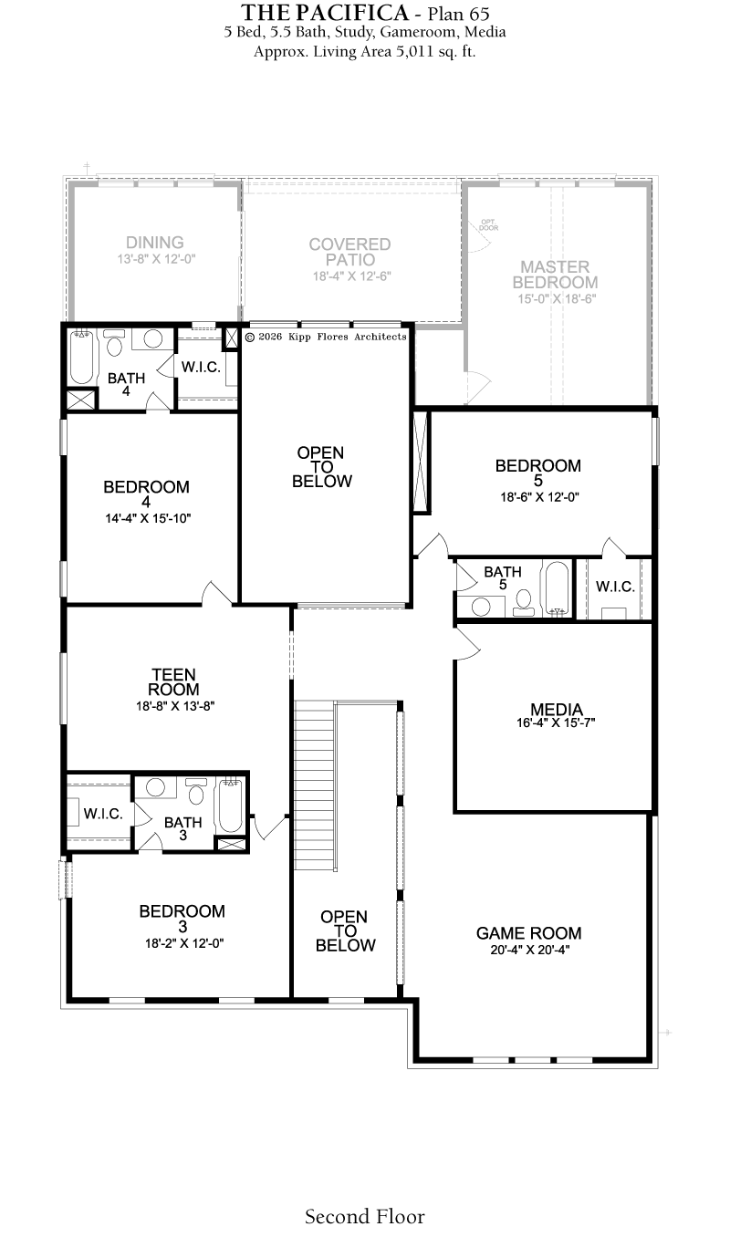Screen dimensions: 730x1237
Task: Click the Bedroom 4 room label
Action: [x=146, y=494]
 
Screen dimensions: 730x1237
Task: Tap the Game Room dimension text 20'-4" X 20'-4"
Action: [x=529, y=950]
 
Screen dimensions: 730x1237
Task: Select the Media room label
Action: [x=556, y=709]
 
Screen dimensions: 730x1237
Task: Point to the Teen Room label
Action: [x=174, y=682]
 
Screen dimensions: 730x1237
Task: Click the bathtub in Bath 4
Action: [x=82, y=356]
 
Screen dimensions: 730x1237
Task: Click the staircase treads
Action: [x=314, y=785]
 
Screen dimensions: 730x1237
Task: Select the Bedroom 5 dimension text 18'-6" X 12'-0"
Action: [x=539, y=497]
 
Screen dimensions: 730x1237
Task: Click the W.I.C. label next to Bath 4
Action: [x=201, y=367]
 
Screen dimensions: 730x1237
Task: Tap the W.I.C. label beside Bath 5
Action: [x=615, y=587]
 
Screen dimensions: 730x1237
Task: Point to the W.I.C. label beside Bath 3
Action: [x=103, y=814]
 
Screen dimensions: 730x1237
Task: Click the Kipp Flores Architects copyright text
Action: [x=326, y=337]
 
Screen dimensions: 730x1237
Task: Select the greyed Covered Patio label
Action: [x=350, y=252]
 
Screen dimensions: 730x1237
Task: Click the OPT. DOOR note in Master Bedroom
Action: [x=489, y=225]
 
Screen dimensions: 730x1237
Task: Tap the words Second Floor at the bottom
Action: [x=365, y=1217]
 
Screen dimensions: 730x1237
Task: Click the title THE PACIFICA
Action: [x=325, y=12]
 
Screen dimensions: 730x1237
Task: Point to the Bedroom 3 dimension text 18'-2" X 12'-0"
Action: [x=184, y=943]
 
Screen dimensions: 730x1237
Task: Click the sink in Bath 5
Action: [x=481, y=607]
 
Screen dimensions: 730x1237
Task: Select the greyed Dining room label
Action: [x=155, y=243]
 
